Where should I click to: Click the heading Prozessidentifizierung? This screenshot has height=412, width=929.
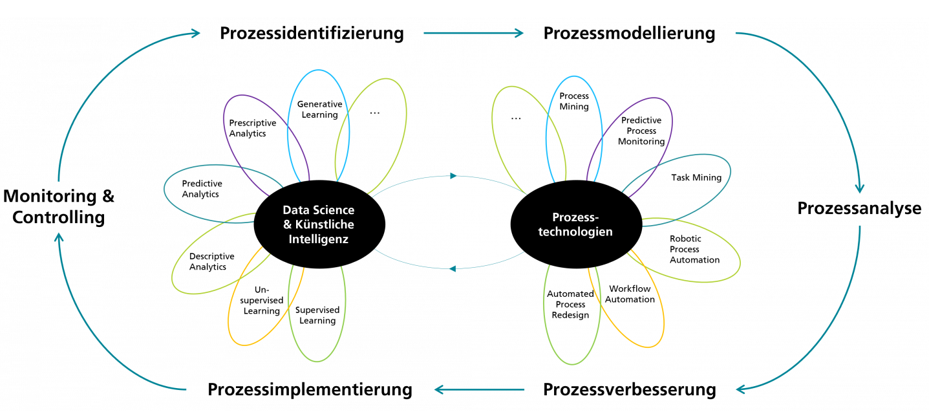pyautogui.click(x=312, y=33)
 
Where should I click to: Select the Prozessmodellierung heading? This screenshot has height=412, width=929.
pyautogui.click(x=629, y=33)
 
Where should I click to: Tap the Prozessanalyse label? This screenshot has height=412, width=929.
pyautogui.click(x=859, y=208)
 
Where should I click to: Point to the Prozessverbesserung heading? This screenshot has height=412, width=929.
pyautogui.click(x=630, y=389)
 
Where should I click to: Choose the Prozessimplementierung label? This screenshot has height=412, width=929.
pyautogui.click(x=310, y=389)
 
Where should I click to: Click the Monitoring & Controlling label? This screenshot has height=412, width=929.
pyautogui.click(x=59, y=206)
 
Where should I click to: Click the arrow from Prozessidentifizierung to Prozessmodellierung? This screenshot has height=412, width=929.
pyautogui.click(x=473, y=33)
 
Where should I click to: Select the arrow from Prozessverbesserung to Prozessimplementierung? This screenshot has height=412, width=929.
pyautogui.click(x=480, y=389)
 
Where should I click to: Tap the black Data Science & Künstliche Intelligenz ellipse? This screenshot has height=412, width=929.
pyautogui.click(x=319, y=224)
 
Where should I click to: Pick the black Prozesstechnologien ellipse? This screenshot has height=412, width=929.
pyautogui.click(x=576, y=224)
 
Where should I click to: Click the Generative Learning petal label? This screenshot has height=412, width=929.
pyautogui.click(x=320, y=109)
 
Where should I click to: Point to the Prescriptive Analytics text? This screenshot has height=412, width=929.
pyautogui.click(x=253, y=128)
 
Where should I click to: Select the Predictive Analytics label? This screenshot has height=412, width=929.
pyautogui.click(x=202, y=189)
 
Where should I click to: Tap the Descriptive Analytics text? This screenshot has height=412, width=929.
pyautogui.click(x=211, y=261)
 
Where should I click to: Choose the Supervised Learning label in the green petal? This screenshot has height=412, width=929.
pyautogui.click(x=317, y=316)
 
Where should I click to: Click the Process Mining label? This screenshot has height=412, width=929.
pyautogui.click(x=574, y=102)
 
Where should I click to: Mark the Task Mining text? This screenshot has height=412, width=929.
pyautogui.click(x=696, y=178)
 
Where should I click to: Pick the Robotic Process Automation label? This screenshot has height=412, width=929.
pyautogui.click(x=695, y=250)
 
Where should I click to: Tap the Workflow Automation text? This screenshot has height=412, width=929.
pyautogui.click(x=630, y=294)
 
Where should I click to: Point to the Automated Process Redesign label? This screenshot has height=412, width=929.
pyautogui.click(x=570, y=305)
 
